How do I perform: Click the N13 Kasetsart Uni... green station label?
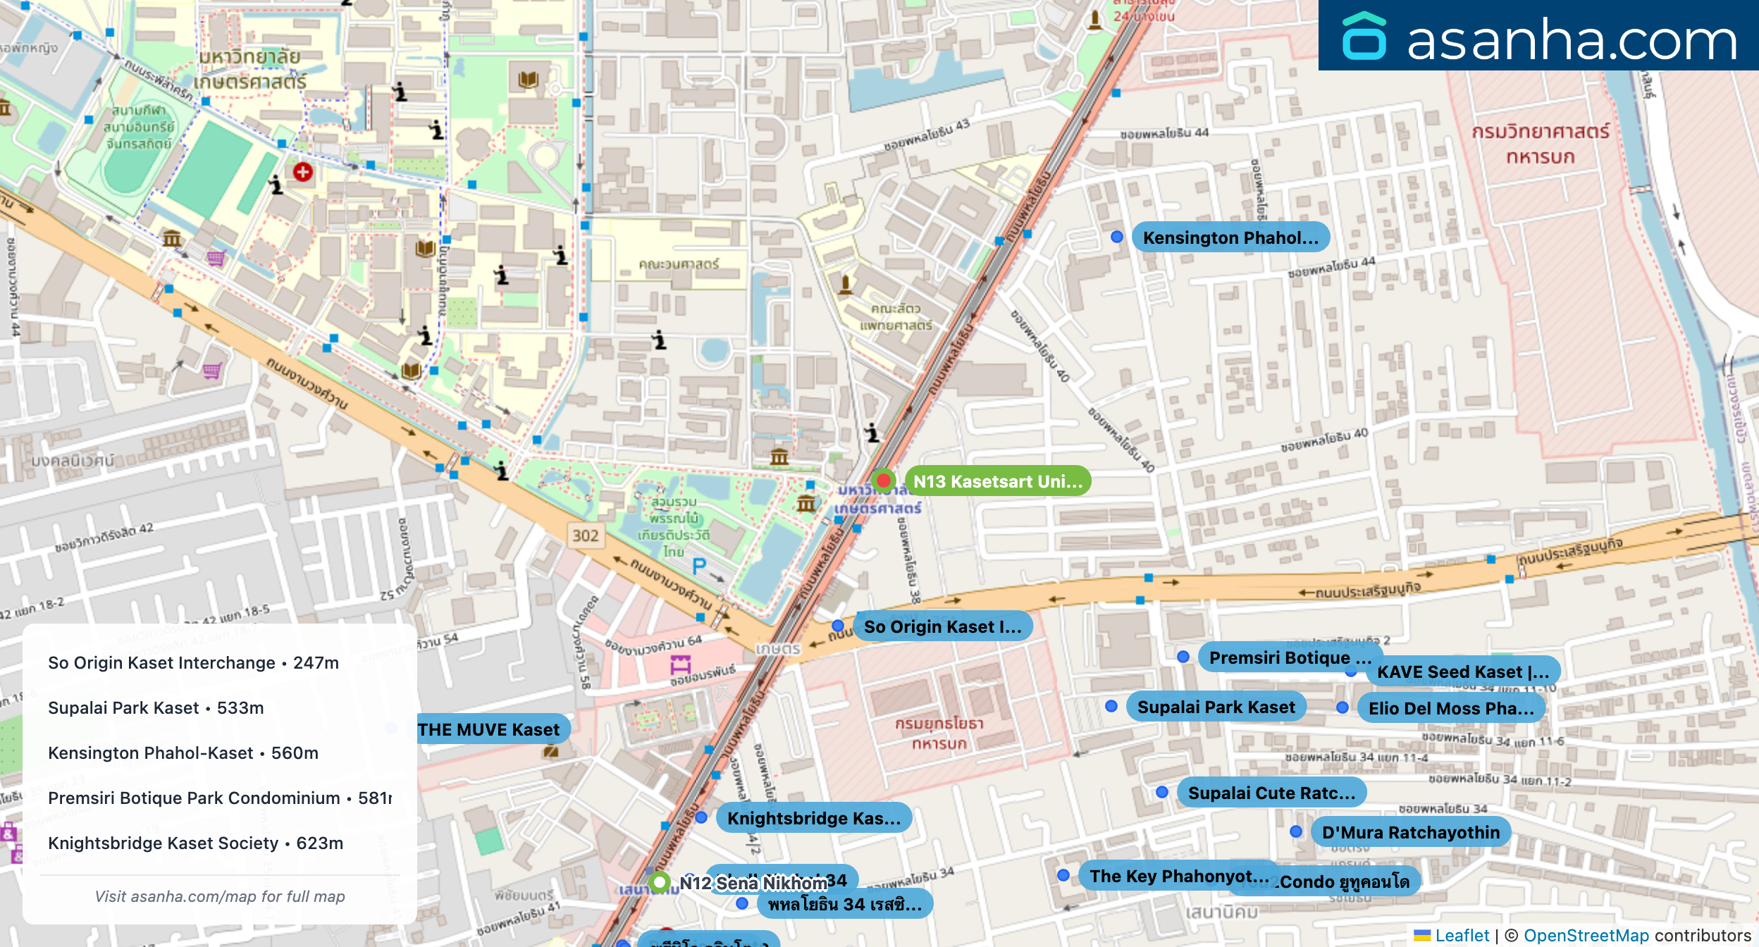click(997, 481)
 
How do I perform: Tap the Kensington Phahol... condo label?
click(1230, 237)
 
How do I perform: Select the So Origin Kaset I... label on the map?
click(942, 626)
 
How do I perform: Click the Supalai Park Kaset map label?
click(1216, 707)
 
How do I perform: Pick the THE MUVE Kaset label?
click(489, 729)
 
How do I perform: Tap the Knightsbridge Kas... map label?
click(813, 818)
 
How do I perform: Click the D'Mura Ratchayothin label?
click(1410, 832)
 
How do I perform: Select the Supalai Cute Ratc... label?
click(1271, 793)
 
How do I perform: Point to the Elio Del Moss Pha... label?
click(1451, 708)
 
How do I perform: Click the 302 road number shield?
click(585, 536)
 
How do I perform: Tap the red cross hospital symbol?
click(303, 172)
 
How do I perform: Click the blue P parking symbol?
click(698, 566)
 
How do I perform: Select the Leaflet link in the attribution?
click(1462, 935)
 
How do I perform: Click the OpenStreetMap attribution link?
click(1586, 935)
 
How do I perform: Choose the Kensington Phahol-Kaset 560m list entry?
click(183, 753)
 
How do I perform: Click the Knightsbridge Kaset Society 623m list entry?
click(195, 843)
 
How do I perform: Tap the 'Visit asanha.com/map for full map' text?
click(220, 896)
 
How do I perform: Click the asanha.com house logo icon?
click(1364, 37)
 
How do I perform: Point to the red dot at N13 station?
click(883, 481)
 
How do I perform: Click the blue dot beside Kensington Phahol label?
click(1117, 237)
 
